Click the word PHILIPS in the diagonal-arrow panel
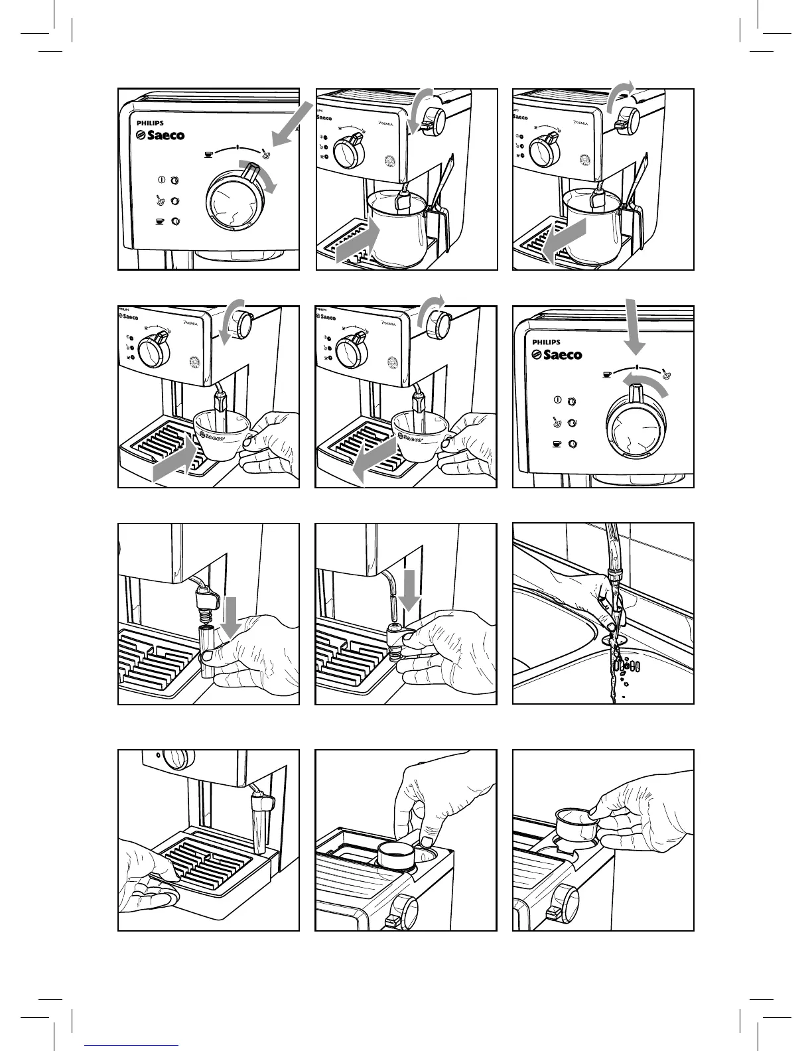150,123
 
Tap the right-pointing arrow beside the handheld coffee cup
175,461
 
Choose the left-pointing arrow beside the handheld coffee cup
375,461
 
